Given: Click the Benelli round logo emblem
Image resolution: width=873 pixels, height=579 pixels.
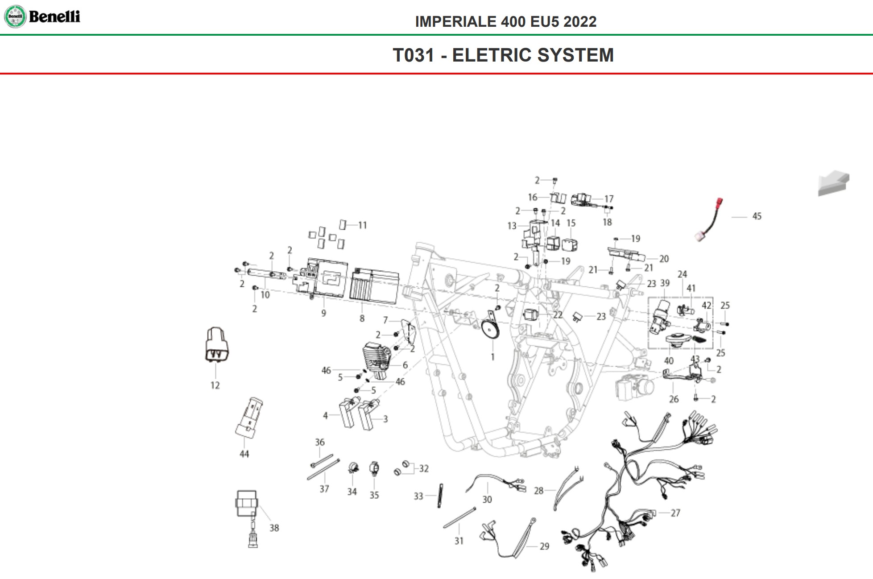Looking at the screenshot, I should [15, 17].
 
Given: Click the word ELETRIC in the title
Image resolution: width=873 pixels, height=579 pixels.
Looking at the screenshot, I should [492, 55].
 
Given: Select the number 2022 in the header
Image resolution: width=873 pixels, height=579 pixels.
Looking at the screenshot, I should [579, 22].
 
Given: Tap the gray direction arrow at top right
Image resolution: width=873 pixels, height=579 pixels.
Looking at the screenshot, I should [833, 183].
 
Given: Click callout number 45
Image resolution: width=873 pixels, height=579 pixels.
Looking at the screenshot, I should [757, 216].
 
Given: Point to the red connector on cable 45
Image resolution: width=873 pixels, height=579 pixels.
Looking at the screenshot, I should [719, 203].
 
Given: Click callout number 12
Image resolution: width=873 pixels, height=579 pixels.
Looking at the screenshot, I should [215, 385].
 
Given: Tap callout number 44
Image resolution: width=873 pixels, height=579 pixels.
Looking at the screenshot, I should [244, 454].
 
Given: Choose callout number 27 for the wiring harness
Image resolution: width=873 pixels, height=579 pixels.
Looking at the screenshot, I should [675, 513].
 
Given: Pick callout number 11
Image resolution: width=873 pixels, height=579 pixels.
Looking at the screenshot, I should [362, 225].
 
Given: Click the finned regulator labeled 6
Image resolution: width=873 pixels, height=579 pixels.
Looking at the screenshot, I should [377, 356].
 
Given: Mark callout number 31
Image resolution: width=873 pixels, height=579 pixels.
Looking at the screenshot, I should [459, 541].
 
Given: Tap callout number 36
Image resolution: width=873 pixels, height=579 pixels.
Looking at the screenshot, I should [320, 442].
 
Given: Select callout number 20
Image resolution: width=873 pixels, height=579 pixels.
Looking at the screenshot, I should [664, 259].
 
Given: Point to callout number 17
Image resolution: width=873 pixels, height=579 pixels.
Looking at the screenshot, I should [609, 199].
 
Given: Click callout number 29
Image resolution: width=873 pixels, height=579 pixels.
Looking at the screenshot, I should [544, 546].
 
